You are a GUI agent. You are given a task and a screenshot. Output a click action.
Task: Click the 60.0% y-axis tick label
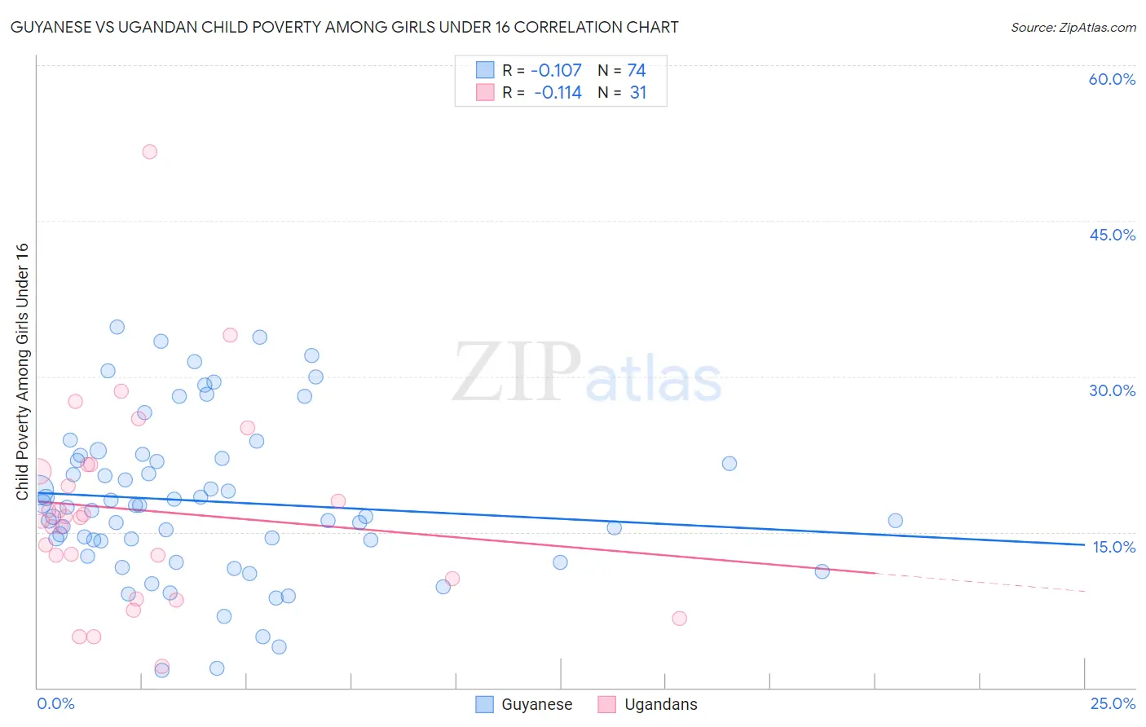point(1112,79)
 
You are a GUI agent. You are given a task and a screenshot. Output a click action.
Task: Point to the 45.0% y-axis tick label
point(1112,235)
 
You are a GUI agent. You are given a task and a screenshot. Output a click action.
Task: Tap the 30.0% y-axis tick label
point(1112,390)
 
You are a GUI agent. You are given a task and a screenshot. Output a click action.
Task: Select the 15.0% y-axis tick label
point(1113,547)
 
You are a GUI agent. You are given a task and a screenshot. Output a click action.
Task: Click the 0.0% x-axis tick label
point(55,703)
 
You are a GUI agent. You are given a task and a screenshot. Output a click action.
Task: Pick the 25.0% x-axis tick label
point(1113,703)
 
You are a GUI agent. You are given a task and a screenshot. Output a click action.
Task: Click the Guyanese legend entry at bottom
point(525,704)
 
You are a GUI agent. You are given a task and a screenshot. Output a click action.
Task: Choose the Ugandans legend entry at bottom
point(648,704)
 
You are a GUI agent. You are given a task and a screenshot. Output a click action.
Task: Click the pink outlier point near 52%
point(149,152)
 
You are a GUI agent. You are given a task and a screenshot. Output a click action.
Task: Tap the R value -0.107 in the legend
point(556,71)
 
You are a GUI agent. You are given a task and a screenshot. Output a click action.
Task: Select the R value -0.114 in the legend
point(558,93)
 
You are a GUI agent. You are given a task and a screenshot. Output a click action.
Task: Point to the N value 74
point(637,71)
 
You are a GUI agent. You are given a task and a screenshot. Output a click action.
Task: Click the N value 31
point(638,93)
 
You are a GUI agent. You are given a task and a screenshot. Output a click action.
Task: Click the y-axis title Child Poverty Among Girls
point(22,371)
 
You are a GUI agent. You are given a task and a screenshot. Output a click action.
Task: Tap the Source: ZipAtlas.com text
point(1073,28)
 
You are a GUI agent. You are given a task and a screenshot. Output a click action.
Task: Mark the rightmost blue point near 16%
point(895,521)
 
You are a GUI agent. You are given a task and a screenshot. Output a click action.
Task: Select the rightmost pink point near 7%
point(679,619)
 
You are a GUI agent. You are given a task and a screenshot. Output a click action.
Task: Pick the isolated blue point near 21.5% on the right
point(729,464)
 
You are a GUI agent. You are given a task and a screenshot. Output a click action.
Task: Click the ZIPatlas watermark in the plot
point(587,372)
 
